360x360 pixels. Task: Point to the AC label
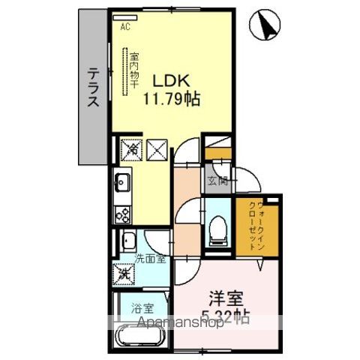coord(125,27)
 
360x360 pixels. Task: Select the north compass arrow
coord(268,24)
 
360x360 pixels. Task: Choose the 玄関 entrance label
coord(217,180)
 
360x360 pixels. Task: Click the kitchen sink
coord(123,181)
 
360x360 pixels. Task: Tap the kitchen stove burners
coord(122,212)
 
